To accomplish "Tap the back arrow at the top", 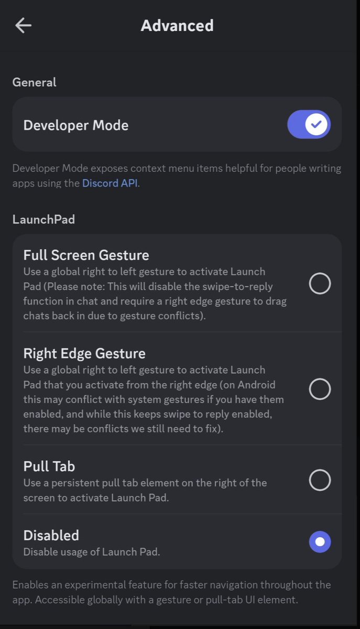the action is [x=23, y=25].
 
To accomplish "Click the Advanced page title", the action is [x=177, y=26].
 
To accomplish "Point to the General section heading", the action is [x=34, y=82].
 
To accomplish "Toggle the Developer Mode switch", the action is [x=309, y=124].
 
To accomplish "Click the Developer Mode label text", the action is [x=76, y=125].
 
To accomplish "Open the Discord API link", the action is [x=110, y=183].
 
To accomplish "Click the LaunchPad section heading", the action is [x=43, y=219].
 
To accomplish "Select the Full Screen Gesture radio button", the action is [x=320, y=284].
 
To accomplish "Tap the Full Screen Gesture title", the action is [x=86, y=255].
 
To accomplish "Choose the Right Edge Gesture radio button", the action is [x=320, y=389].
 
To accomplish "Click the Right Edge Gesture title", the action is [x=84, y=353].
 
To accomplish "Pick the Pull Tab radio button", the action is [x=320, y=480].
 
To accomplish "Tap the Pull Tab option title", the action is [x=49, y=467].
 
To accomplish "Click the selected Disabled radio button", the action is [x=320, y=541].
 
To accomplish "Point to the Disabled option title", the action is [x=51, y=535].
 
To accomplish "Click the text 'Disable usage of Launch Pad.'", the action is [x=92, y=552].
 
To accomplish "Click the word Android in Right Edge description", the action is [x=256, y=385].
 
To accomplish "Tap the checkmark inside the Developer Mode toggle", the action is [x=316, y=124].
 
